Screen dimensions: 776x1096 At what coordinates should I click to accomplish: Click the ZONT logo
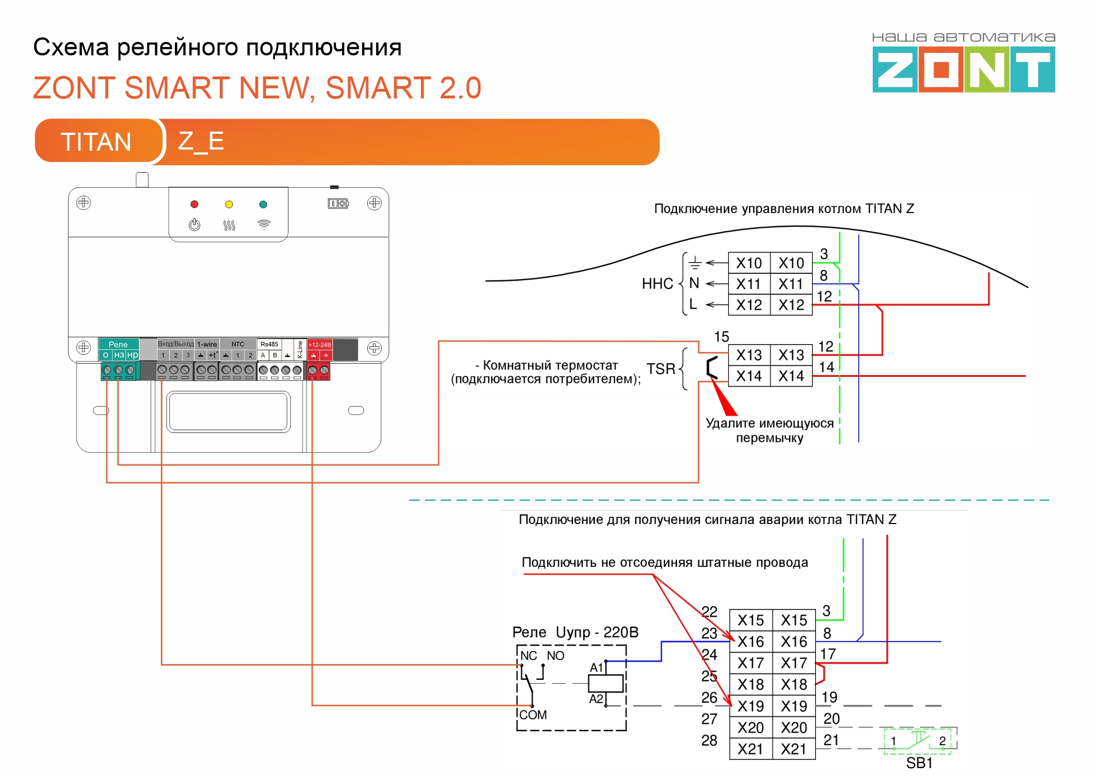tap(963, 69)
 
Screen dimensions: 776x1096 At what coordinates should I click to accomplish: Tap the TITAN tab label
tap(96, 141)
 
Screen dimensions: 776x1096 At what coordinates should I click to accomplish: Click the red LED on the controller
tap(195, 204)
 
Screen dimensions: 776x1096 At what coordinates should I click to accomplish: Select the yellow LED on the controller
tap(229, 204)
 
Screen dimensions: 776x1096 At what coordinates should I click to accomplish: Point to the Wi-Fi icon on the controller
tap(264, 224)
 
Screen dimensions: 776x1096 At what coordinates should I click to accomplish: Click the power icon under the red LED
tap(195, 225)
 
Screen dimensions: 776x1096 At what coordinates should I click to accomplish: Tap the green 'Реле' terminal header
tap(118, 344)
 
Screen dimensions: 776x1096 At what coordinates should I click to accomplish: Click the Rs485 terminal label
tap(269, 344)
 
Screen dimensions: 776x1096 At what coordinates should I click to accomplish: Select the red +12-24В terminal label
tap(319, 345)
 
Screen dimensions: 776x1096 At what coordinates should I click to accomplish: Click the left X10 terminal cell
tap(749, 263)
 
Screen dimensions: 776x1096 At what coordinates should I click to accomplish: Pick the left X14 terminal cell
tap(749, 376)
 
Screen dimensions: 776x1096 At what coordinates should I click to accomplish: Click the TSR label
tap(661, 369)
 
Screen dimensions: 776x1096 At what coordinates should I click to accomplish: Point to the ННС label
tap(657, 283)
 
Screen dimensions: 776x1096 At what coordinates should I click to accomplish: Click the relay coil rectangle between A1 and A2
tap(606, 683)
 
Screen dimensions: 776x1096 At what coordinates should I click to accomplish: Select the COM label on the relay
tap(533, 715)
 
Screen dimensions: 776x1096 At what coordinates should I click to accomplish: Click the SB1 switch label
tap(919, 763)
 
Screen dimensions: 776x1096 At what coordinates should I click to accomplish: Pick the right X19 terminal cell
tap(794, 706)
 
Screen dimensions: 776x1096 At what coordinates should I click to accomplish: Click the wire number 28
tap(709, 741)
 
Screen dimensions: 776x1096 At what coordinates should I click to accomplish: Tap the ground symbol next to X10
tap(695, 263)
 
